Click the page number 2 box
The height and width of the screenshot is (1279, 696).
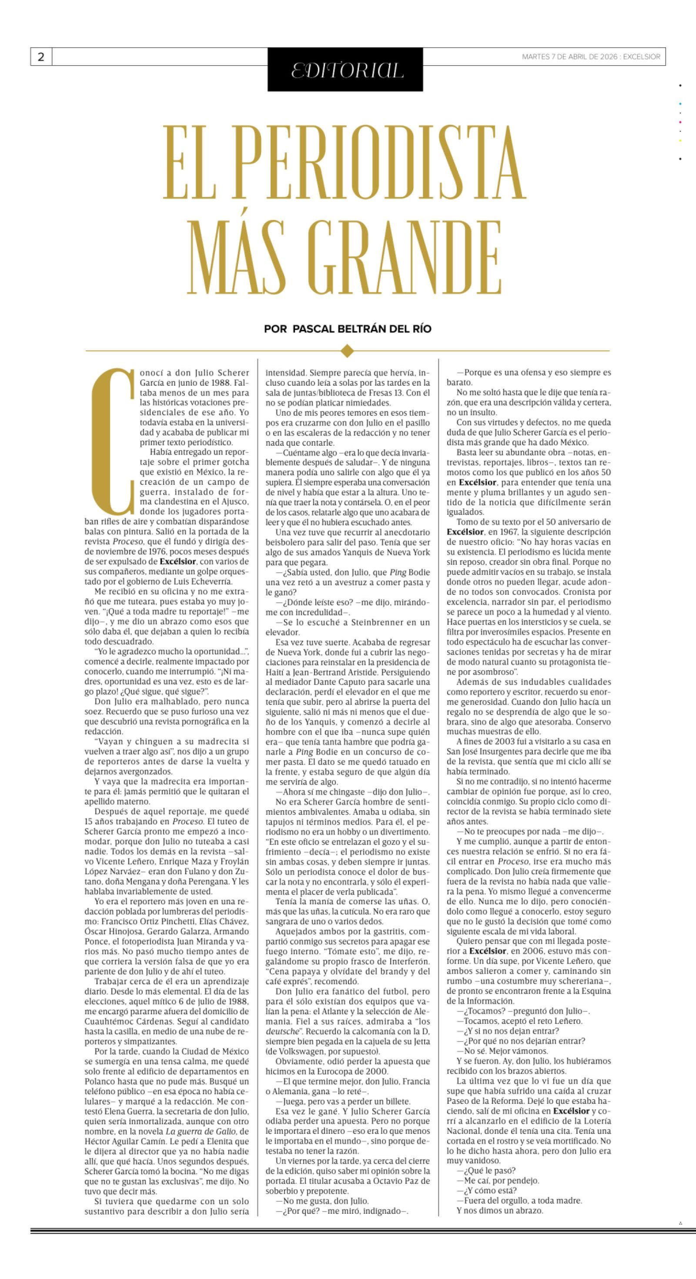click(x=41, y=57)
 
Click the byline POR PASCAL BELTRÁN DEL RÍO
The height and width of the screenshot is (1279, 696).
click(x=348, y=329)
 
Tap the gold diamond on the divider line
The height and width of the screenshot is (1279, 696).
click(x=348, y=351)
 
